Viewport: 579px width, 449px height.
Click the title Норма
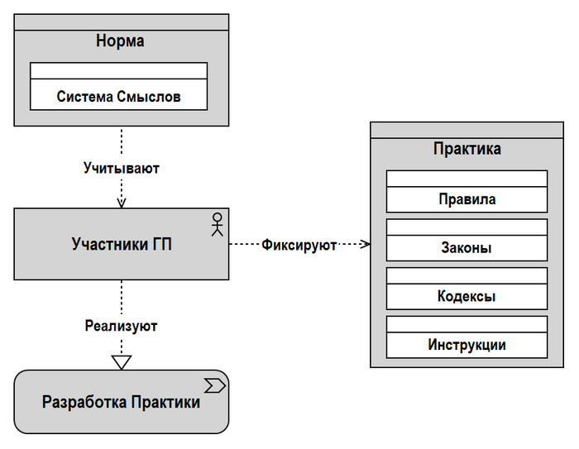coord(121,41)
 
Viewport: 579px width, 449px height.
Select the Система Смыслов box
coord(118,86)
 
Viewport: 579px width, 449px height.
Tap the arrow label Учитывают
coord(122,168)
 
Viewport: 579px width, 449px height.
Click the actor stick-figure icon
coord(218,224)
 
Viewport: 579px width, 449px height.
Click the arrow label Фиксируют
coord(299,245)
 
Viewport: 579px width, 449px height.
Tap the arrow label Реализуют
coord(122,326)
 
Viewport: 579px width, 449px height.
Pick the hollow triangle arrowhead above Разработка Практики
coord(122,361)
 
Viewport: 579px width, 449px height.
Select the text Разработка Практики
coord(121,403)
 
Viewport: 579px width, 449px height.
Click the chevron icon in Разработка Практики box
coord(215,385)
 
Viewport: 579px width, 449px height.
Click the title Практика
coord(467,150)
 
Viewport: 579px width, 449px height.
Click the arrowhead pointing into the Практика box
coord(365,245)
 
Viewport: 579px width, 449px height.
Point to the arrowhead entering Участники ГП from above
coord(122,204)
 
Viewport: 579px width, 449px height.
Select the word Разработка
coord(83,403)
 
